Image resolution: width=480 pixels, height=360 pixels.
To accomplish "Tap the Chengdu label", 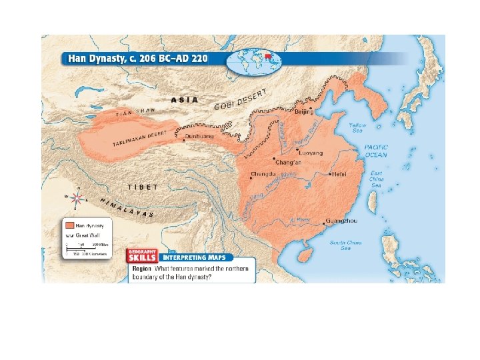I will click(262, 175).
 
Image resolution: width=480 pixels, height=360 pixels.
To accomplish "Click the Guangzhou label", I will click(344, 221).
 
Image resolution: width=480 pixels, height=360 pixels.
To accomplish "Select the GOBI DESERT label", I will click(241, 100).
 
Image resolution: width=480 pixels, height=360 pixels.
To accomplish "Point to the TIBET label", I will click(143, 187).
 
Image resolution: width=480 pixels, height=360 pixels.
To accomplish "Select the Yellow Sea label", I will click(358, 127).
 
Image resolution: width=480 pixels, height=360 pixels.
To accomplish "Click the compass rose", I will click(78, 198).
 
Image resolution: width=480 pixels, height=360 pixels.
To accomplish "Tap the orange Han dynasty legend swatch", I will click(69, 224).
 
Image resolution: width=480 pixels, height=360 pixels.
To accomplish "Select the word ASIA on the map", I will click(185, 99).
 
